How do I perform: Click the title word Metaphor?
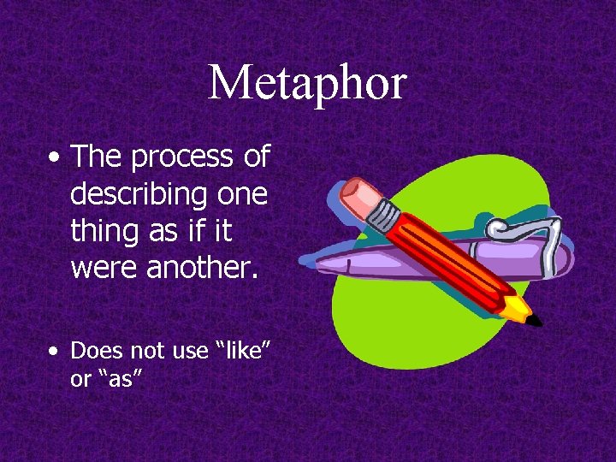pos(307,83)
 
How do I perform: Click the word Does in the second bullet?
pos(95,351)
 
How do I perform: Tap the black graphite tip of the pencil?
pos(536,322)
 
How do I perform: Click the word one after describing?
pos(242,195)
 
